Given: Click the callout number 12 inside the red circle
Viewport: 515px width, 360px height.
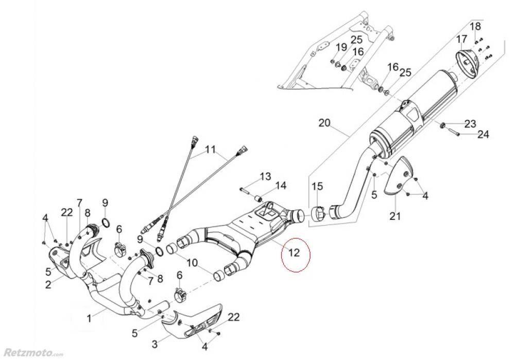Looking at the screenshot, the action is pos(294,252).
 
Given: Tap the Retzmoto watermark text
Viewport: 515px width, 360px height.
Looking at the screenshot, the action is pos(31,353).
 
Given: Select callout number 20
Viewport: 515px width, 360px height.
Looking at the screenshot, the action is pos(324,123).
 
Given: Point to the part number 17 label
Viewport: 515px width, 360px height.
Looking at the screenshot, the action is pos(461,39).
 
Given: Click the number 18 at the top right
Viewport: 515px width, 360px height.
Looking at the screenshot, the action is pos(475,26).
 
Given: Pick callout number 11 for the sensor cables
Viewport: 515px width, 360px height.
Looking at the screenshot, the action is pos(211,149).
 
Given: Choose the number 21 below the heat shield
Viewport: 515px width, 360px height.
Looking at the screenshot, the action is pos(396,216).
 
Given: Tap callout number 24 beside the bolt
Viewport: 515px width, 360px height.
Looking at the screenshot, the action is pos(483,134).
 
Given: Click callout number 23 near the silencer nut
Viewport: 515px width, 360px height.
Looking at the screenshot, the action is pos(470,124).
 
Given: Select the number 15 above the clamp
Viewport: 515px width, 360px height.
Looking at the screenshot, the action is pos(318,186).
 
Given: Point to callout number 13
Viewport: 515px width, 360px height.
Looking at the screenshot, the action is pos(266,176).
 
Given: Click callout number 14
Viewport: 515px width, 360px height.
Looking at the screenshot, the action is pos(281,185).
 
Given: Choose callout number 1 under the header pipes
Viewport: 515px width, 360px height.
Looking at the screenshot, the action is pos(89,318).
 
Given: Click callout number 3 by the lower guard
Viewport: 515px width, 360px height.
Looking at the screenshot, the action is pos(154,344).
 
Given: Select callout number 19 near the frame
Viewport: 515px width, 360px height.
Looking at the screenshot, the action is pos(341,47).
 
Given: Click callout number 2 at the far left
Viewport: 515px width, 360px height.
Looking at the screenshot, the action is pos(48,284).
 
